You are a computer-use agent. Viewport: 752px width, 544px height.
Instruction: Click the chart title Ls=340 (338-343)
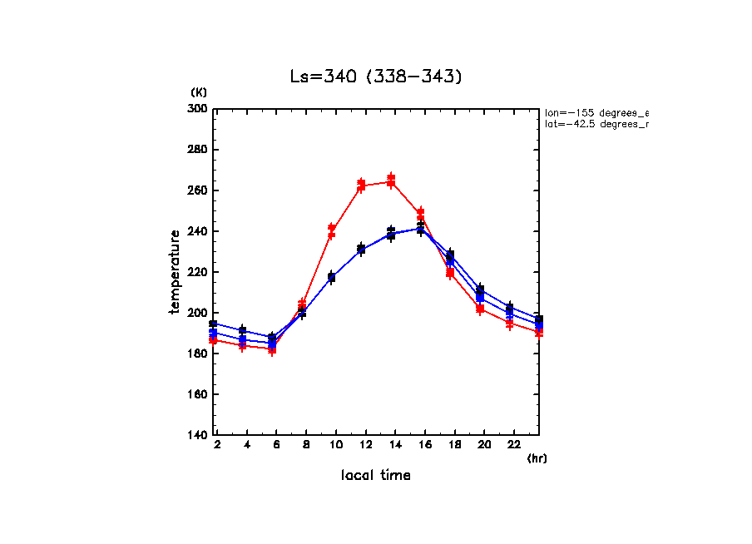point(375,77)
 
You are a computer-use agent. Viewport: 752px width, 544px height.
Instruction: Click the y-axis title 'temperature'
point(175,272)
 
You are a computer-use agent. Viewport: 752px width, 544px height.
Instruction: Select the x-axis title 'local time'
point(375,476)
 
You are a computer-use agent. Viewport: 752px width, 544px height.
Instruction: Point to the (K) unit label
point(199,92)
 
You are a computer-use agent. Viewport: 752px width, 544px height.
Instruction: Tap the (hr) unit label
point(537,458)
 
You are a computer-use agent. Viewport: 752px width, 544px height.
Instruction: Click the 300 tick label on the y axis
point(197,109)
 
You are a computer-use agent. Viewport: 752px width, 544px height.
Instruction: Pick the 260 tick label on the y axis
point(197,190)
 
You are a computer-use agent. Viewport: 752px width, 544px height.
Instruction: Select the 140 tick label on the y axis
point(197,435)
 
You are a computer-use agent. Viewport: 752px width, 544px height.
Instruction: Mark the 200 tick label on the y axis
point(197,313)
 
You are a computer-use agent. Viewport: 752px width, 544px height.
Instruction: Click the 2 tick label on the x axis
point(217,446)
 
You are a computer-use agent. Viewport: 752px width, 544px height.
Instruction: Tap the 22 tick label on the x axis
point(513,446)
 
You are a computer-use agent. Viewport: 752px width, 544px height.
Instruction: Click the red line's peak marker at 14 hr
point(391,181)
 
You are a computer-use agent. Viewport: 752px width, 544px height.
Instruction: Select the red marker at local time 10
point(332,230)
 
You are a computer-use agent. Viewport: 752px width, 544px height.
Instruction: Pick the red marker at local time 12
point(361,185)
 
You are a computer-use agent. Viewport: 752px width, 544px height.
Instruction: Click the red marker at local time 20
point(480,309)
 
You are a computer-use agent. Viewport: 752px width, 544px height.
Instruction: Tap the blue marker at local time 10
point(331,277)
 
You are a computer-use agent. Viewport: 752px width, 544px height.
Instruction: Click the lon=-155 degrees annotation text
point(596,112)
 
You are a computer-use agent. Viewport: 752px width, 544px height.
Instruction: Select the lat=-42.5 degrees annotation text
point(596,124)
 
